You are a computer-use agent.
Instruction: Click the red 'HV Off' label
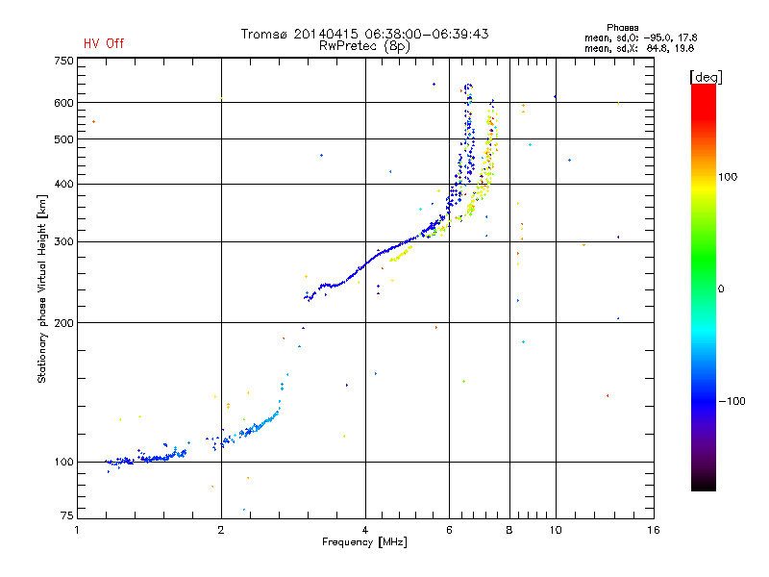(x=104, y=43)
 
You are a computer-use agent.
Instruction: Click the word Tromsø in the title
(x=268, y=34)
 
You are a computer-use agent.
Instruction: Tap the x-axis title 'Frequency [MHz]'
(x=365, y=543)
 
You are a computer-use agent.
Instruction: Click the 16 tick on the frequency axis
(x=653, y=530)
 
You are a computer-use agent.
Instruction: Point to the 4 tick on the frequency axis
(x=365, y=530)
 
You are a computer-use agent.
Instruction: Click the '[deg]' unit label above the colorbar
(x=707, y=76)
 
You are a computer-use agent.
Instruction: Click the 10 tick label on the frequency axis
(x=556, y=530)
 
